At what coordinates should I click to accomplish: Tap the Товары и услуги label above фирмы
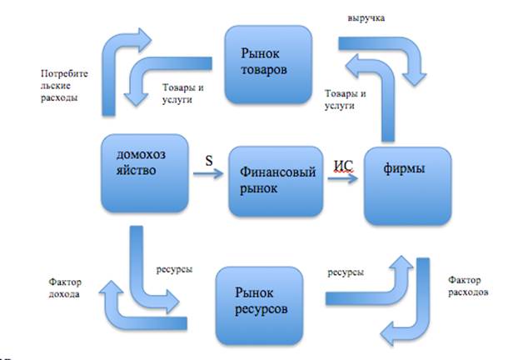coord(345,99)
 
